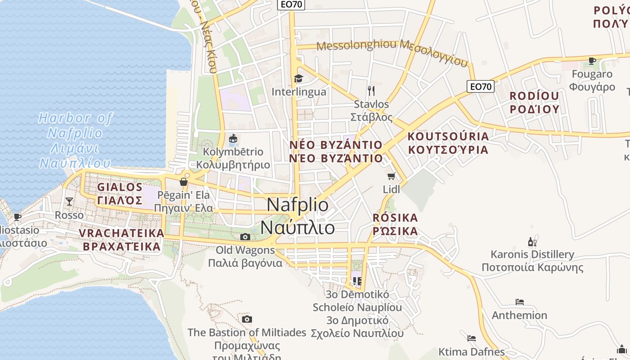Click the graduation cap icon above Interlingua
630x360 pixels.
tap(298, 79)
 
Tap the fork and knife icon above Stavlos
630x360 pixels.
tap(371, 91)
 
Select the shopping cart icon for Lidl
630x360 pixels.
tap(391, 176)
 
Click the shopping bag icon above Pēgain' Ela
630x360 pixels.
tap(184, 182)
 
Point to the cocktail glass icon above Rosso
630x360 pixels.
tap(69, 201)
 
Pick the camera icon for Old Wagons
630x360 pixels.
tap(245, 237)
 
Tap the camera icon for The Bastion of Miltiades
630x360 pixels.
tap(247, 319)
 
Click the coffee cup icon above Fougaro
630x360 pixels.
tap(592, 61)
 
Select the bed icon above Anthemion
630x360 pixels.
tap(520, 301)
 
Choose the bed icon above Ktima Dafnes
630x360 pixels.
tap(472, 338)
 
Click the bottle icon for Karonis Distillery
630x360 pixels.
tap(532, 242)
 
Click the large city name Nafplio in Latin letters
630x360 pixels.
tap(297, 205)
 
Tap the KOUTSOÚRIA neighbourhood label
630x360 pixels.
tap(448, 136)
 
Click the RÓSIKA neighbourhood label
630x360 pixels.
tap(396, 218)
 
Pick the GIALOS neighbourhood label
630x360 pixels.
tap(120, 187)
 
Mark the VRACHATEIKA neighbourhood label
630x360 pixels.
tap(121, 233)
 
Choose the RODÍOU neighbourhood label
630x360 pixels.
tap(534, 96)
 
